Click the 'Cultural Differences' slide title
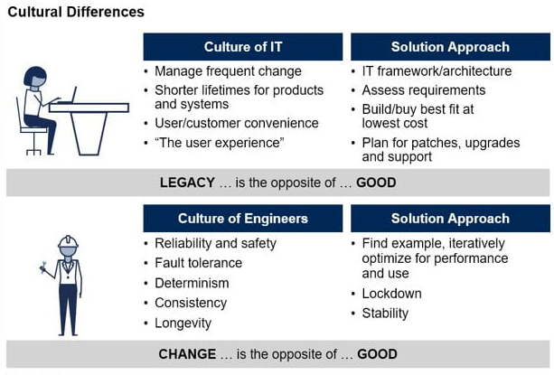tap(76, 12)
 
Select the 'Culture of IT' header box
tap(243, 47)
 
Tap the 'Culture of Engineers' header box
tap(243, 218)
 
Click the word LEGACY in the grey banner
tap(187, 183)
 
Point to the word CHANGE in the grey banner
tap(187, 354)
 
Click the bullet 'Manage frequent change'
tap(228, 71)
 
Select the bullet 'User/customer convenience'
tap(237, 123)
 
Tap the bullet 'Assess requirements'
tap(424, 90)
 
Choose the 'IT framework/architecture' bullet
tap(437, 71)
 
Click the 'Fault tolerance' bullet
tap(198, 263)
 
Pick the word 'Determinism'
tap(192, 283)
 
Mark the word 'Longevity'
tap(183, 323)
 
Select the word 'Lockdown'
tap(392, 294)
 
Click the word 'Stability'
tap(385, 314)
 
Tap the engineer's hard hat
tap(68, 241)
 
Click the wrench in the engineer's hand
tap(43, 267)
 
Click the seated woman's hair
tap(35, 75)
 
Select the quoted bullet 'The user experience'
tap(220, 143)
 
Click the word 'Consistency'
tap(191, 303)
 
